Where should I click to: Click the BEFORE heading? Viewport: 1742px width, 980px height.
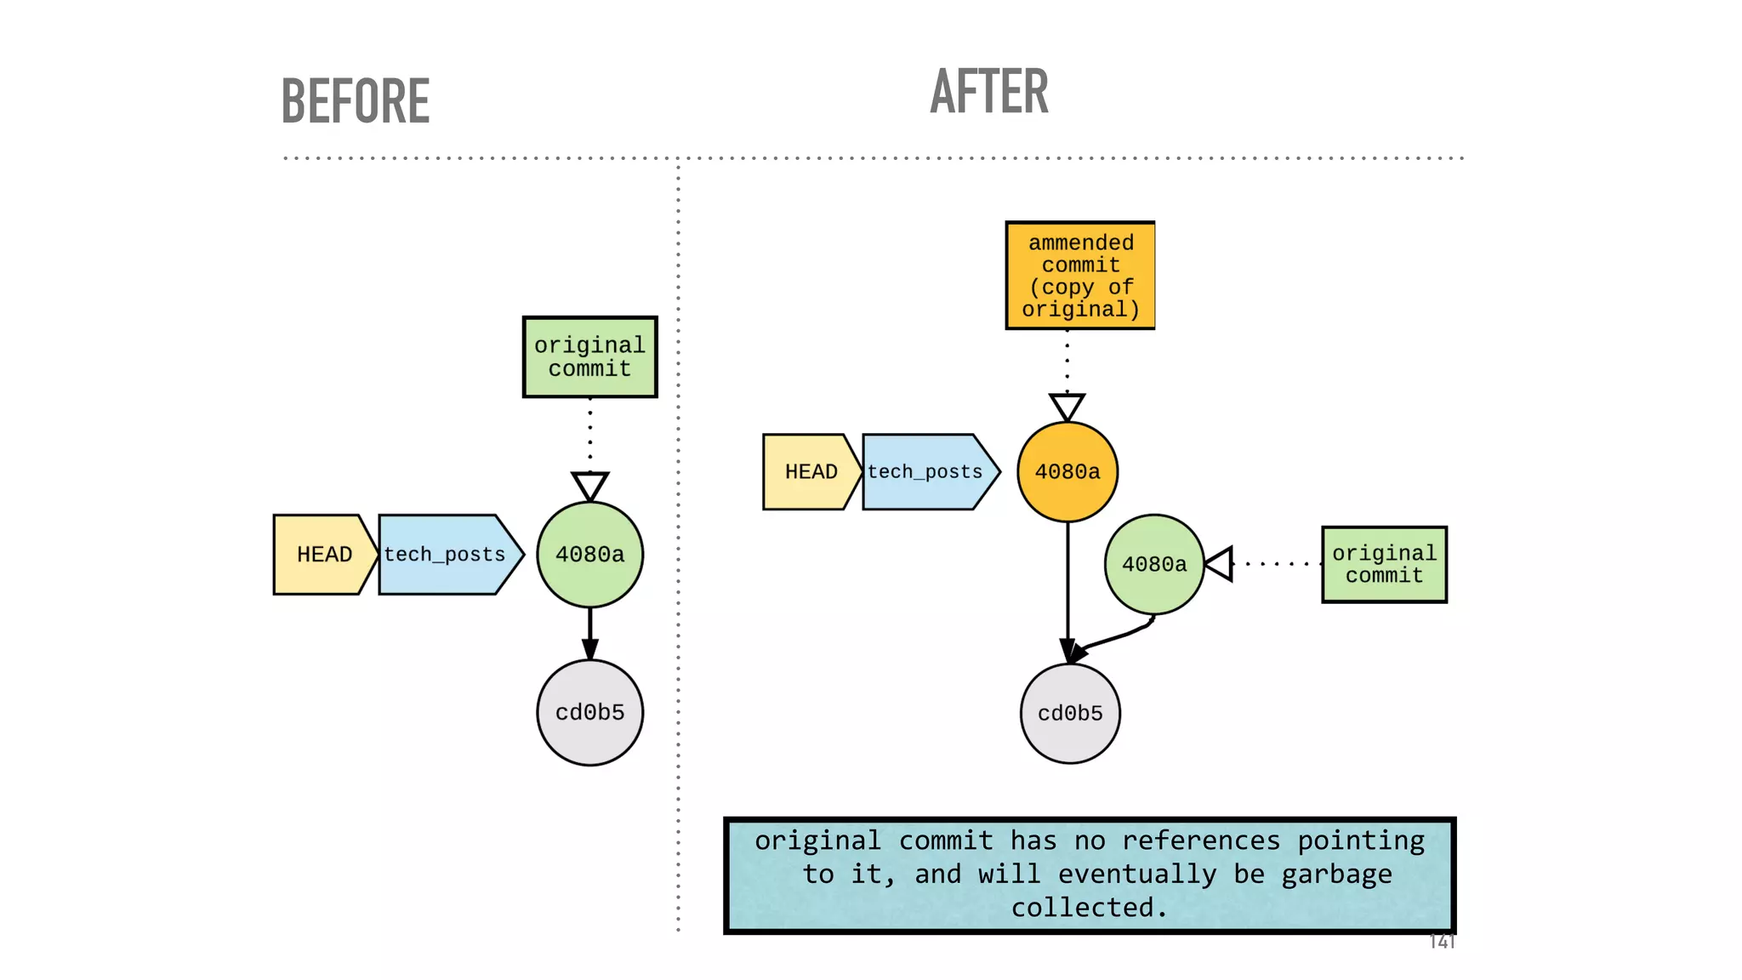tap(356, 101)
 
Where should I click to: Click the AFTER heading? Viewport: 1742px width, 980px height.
tap(989, 91)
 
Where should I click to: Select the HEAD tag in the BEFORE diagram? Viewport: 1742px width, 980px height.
tap(324, 555)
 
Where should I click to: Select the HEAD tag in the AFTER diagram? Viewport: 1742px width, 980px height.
tap(811, 472)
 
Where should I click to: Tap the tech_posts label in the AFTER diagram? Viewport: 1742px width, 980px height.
tap(925, 472)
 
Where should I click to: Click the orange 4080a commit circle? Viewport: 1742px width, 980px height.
tap(1067, 472)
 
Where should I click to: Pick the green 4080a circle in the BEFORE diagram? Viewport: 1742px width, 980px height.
tap(589, 555)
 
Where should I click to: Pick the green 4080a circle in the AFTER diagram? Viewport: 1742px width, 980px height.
tap(1154, 564)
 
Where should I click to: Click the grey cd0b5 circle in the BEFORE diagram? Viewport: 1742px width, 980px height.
tap(589, 712)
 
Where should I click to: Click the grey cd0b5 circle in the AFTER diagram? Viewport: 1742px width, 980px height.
tap(1070, 713)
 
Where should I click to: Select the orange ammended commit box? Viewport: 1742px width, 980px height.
tap(1080, 276)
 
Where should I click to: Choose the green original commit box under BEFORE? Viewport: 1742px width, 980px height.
tap(589, 357)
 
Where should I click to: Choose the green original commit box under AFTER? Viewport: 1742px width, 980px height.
tap(1384, 565)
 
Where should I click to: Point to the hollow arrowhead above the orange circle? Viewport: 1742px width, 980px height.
tap(1067, 406)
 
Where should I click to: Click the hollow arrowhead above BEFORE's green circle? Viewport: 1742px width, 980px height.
tap(589, 485)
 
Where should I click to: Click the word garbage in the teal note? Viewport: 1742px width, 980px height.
tap(1336, 874)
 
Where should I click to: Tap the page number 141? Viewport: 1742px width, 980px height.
tap(1442, 941)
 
